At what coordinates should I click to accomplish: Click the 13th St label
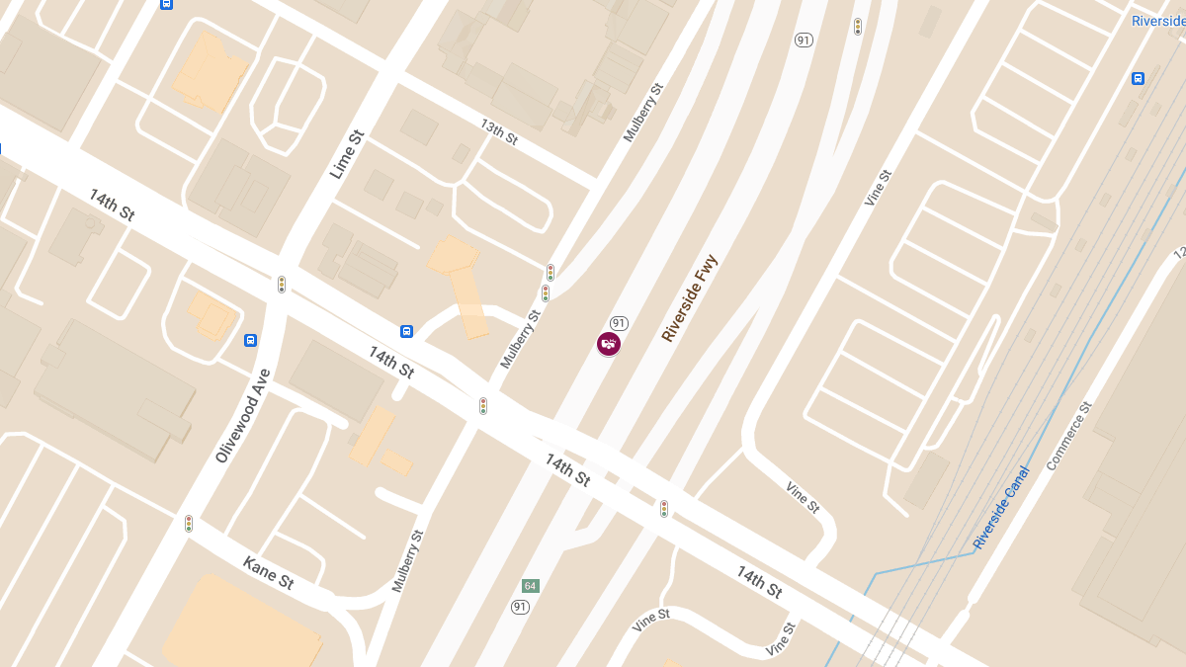(499, 131)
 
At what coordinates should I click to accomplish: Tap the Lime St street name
(347, 153)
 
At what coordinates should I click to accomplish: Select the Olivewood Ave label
(242, 415)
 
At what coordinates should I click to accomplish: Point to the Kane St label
(268, 573)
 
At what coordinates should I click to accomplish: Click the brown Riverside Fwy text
(690, 298)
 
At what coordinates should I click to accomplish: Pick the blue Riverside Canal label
(1000, 508)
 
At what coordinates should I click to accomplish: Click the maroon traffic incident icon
(609, 344)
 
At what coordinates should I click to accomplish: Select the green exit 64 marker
(531, 586)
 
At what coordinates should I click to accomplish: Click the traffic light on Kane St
(189, 523)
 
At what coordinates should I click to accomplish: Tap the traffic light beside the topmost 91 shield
(857, 27)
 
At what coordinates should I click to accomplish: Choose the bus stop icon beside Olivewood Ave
(251, 340)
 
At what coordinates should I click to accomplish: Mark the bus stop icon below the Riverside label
(1138, 78)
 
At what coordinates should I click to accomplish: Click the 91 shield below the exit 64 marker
(520, 606)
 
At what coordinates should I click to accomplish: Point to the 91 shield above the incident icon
(619, 323)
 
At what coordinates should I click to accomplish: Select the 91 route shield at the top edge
(804, 40)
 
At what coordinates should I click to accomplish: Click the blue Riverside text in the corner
(1158, 21)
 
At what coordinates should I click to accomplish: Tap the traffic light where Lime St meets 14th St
(282, 285)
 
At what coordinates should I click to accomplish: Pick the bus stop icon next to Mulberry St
(406, 330)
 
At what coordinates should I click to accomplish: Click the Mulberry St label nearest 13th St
(643, 113)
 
